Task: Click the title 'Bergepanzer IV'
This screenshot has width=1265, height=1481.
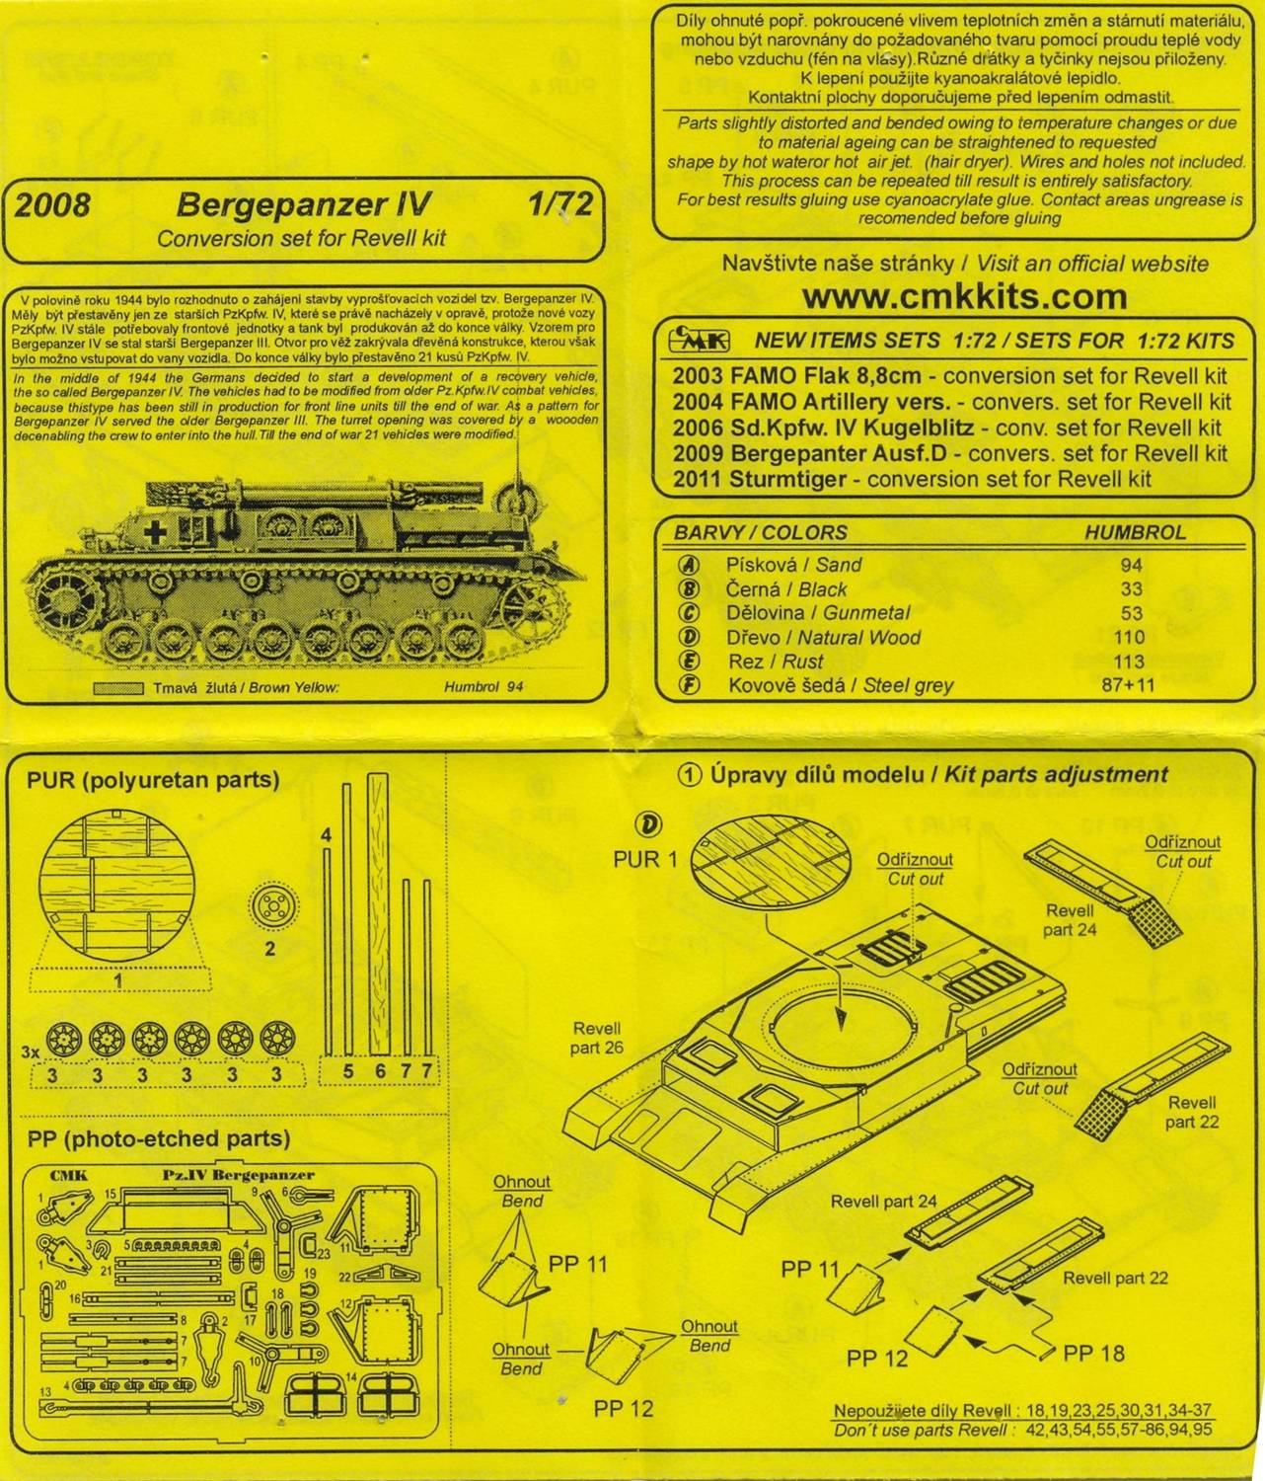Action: (x=303, y=204)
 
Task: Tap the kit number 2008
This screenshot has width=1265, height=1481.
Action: (x=52, y=204)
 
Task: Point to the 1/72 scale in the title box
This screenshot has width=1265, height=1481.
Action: (x=558, y=203)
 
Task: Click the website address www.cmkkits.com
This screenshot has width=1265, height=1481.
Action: (x=964, y=296)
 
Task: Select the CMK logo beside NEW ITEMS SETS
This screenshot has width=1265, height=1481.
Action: (x=699, y=341)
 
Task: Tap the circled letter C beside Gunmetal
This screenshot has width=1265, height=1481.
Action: (x=691, y=613)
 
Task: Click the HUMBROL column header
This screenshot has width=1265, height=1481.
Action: (x=1135, y=532)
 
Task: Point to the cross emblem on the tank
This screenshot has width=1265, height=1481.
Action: (x=155, y=530)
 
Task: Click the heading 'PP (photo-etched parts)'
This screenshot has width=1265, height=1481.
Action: (x=159, y=1138)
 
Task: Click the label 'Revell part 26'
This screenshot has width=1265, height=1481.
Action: (x=597, y=1038)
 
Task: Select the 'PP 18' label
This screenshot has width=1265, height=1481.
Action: (x=1093, y=1353)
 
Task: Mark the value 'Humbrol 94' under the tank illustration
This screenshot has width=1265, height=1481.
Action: (x=484, y=688)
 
